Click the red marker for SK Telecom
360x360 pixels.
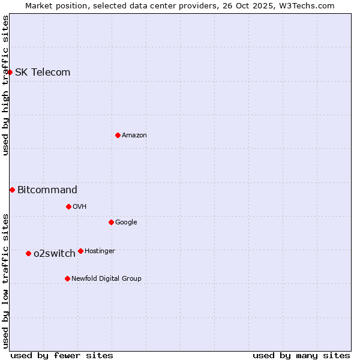click(10, 72)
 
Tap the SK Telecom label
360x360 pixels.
click(43, 73)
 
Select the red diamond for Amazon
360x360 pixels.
click(118, 135)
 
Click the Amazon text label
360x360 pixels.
click(134, 136)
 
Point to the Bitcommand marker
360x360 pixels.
click(12, 190)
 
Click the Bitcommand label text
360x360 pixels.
click(47, 190)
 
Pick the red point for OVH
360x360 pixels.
click(68, 206)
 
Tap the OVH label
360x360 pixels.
click(80, 207)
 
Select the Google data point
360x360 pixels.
click(111, 222)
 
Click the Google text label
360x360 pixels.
click(126, 223)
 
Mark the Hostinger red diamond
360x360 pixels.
click(80, 251)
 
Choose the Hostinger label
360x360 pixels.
click(100, 251)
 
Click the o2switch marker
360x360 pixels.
click(28, 253)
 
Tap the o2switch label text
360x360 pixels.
click(55, 254)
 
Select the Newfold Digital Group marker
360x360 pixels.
click(67, 278)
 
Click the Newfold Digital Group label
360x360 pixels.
click(106, 279)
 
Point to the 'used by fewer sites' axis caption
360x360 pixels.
click(62, 355)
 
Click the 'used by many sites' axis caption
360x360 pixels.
click(301, 355)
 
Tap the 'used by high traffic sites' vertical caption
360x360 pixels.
click(6, 85)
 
